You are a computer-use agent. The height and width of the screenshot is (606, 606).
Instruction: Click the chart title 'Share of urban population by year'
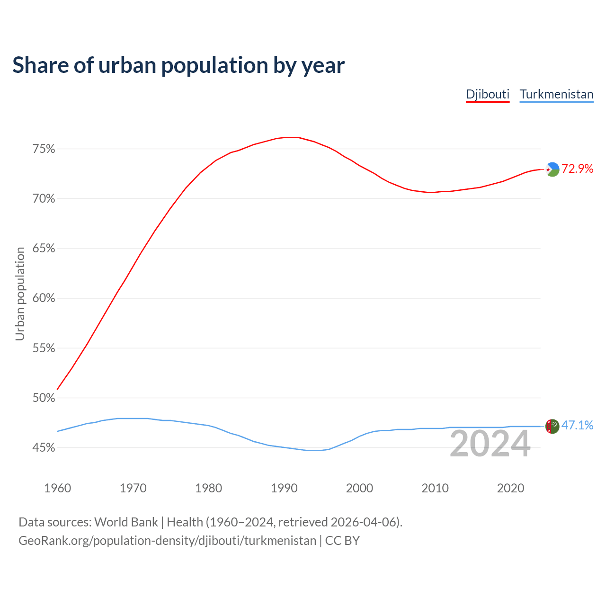[178, 65]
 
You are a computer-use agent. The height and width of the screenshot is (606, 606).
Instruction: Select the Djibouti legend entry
[488, 94]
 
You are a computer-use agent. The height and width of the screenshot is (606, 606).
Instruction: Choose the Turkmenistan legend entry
[556, 94]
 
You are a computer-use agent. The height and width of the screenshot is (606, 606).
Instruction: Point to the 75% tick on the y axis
[44, 149]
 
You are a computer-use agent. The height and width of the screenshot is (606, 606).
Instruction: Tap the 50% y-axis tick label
[44, 398]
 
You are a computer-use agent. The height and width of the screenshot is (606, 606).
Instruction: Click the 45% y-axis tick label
[44, 448]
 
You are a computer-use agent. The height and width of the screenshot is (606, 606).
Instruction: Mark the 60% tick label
[44, 298]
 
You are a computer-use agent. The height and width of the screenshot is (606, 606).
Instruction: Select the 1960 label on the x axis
[57, 488]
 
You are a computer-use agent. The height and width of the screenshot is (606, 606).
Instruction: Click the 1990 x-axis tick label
[284, 488]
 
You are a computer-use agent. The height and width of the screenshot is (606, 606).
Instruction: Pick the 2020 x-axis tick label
[510, 488]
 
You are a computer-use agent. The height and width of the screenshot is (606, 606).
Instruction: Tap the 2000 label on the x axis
[359, 488]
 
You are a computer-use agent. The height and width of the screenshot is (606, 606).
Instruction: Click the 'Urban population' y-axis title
[20, 294]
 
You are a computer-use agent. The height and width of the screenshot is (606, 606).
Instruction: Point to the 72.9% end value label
[578, 169]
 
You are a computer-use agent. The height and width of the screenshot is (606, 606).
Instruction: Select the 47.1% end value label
[577, 426]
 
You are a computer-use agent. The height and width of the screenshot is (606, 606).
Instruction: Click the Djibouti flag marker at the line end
[553, 169]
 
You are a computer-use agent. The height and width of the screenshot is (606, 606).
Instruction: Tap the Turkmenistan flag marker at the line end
[553, 426]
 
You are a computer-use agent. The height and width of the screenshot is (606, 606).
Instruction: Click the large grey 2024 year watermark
[490, 444]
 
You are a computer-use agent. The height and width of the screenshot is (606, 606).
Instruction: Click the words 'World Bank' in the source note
[126, 522]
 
